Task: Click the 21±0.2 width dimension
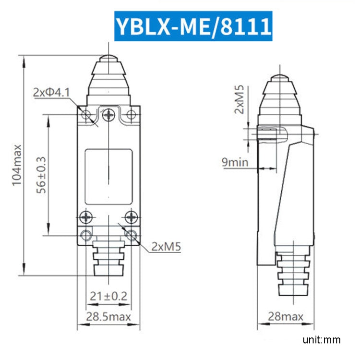[x=108, y=296]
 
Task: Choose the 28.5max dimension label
[x=108, y=317]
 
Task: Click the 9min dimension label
[x=235, y=162]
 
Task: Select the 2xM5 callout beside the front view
[x=166, y=247]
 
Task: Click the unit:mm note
[x=322, y=340]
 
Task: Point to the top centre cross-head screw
[x=109, y=115]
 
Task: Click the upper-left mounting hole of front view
[x=86, y=115]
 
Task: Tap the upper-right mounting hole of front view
[x=131, y=115]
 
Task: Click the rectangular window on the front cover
[x=108, y=176]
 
